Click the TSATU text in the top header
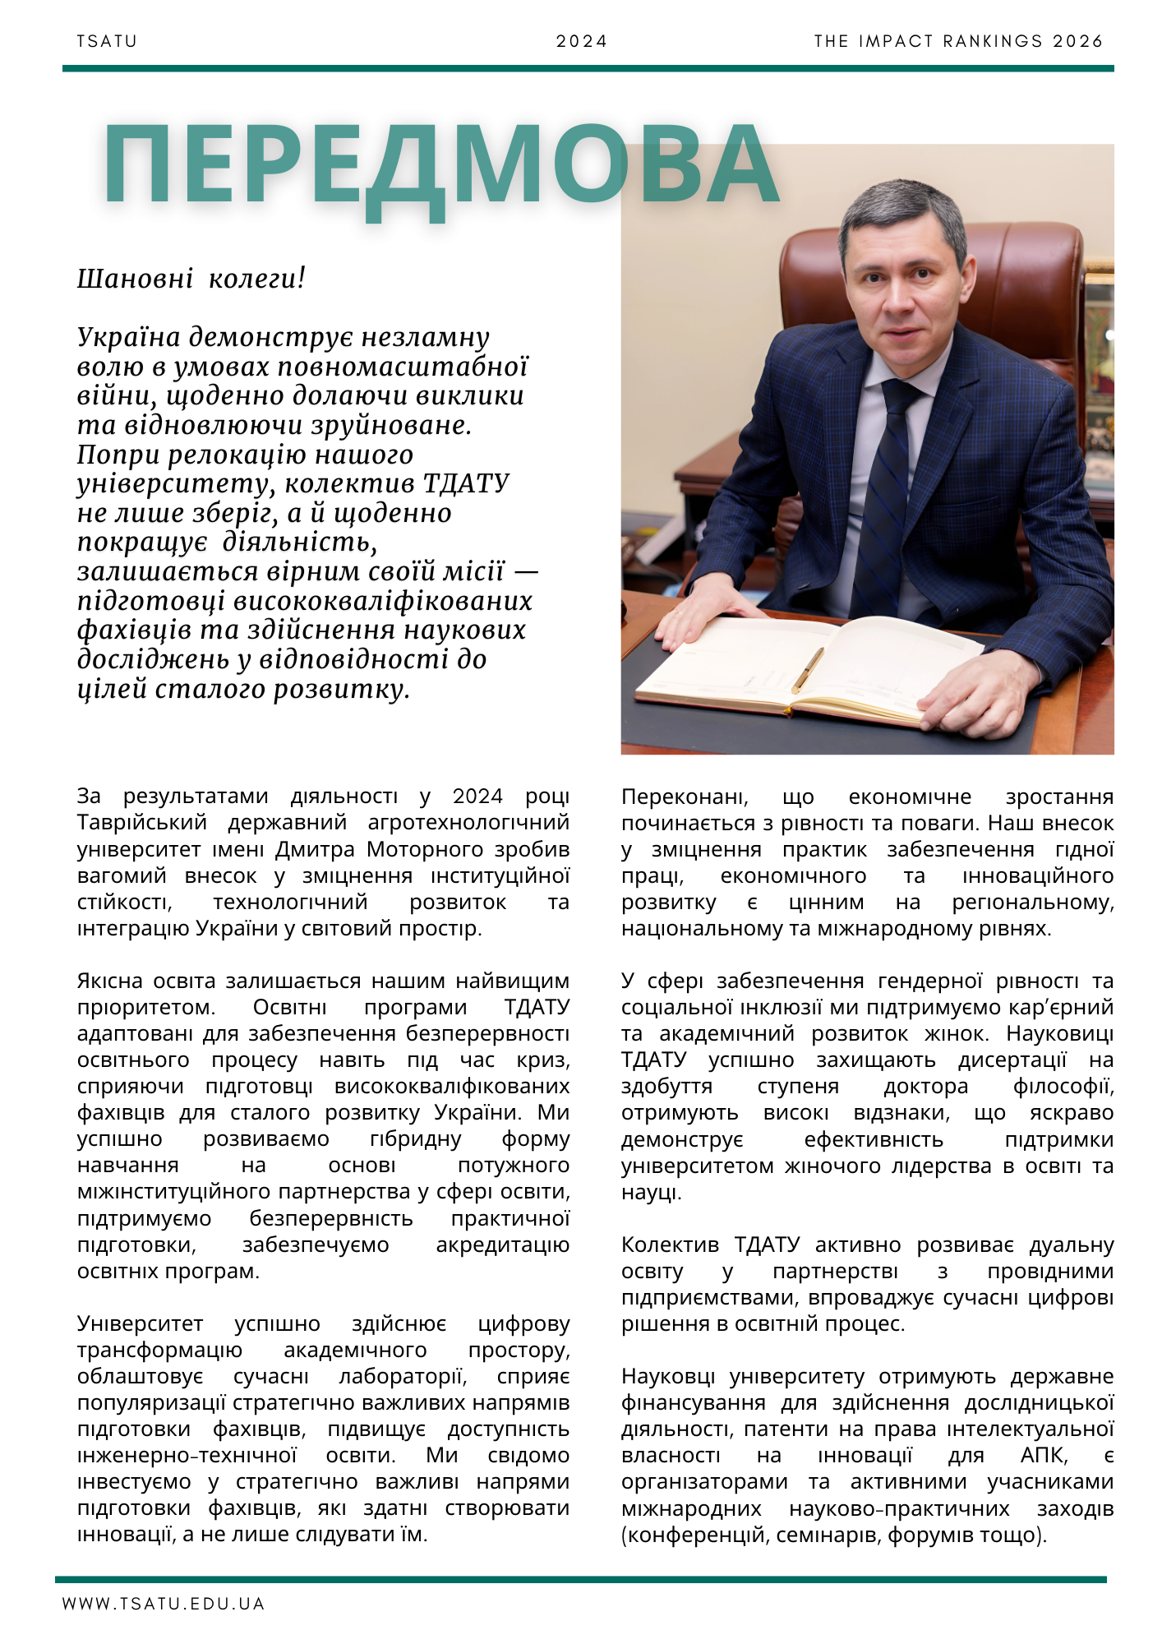tap(107, 41)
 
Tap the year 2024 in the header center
tap(581, 41)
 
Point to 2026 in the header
tap(1077, 41)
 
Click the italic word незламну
tap(426, 337)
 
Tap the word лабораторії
tap(403, 1376)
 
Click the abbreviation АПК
tap(1044, 1455)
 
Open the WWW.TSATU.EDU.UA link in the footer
tap(163, 1604)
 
